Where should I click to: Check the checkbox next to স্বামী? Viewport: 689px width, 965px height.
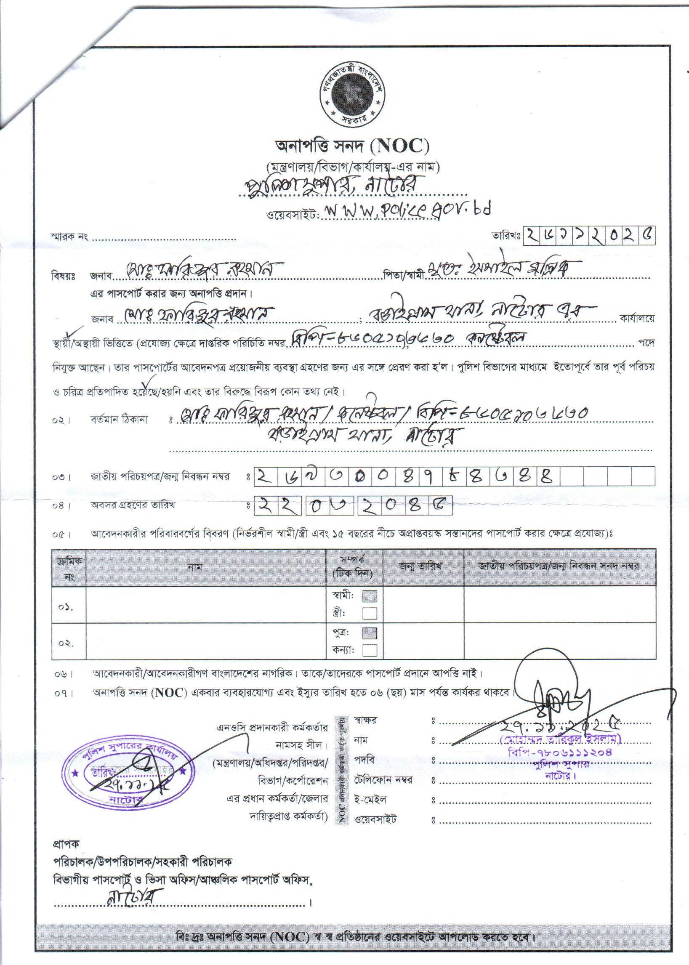tap(370, 596)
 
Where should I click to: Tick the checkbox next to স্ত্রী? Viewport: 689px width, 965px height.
tap(370, 613)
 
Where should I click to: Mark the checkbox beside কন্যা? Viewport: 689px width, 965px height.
tap(370, 650)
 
